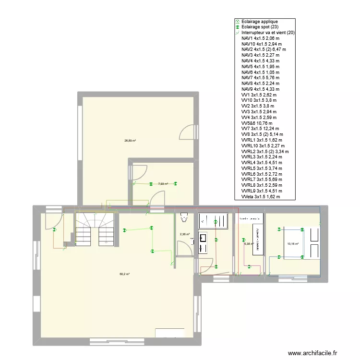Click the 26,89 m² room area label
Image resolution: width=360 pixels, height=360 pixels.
[130, 141]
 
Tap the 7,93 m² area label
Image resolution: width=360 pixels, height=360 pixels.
[163, 183]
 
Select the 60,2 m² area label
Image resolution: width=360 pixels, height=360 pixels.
[124, 274]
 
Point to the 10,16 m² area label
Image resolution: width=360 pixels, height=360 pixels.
[292, 244]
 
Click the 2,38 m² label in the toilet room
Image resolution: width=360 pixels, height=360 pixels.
[184, 235]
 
